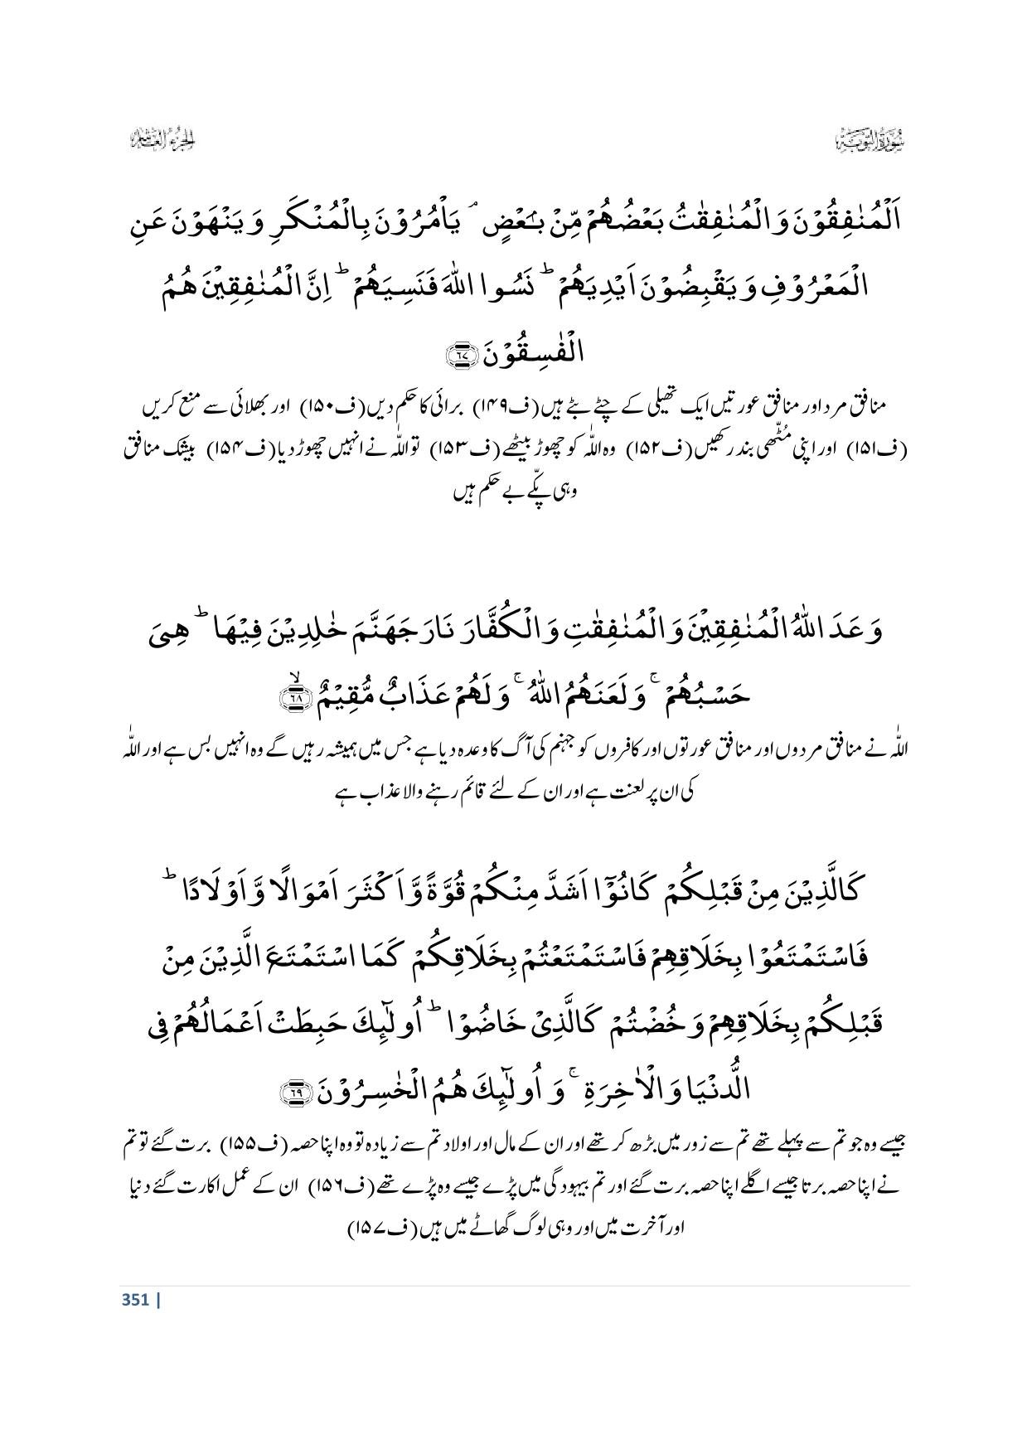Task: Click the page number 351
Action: point(134,1300)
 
